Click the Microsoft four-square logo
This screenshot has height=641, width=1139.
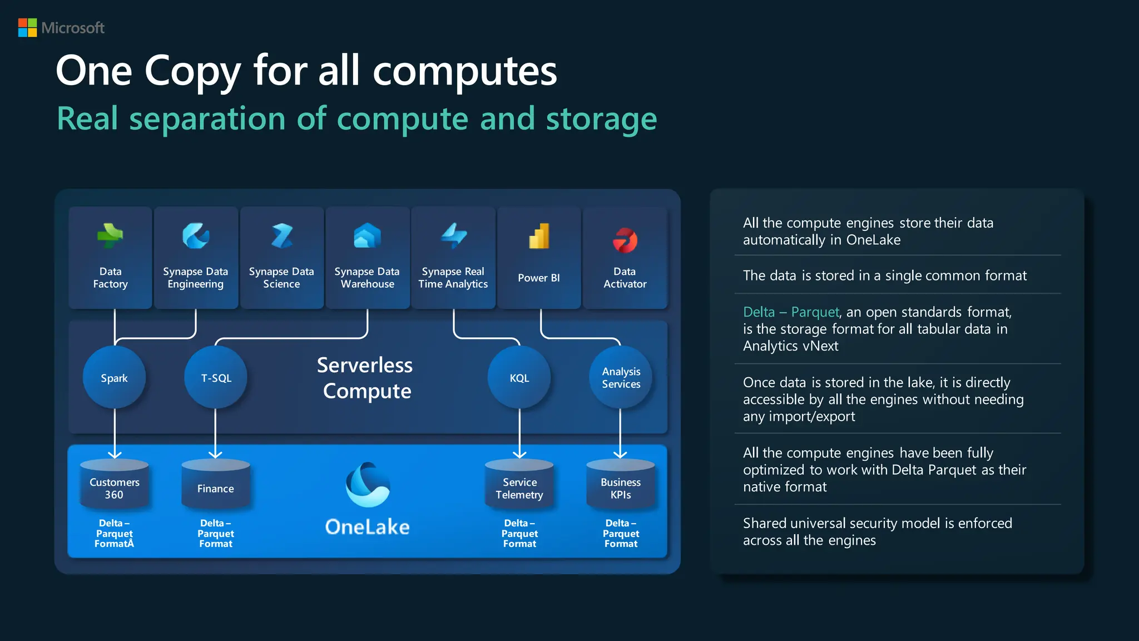click(27, 28)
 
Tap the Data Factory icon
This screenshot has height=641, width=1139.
click(110, 236)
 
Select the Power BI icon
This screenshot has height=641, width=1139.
click(539, 236)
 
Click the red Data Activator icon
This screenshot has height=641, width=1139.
click(625, 240)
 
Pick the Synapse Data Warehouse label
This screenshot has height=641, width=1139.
click(367, 278)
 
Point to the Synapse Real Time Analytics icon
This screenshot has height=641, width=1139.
click(454, 236)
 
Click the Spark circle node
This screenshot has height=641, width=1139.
click(114, 378)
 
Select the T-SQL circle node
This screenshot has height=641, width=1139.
click(216, 378)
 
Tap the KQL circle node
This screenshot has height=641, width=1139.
click(519, 378)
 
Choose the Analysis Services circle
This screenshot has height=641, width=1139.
click(621, 378)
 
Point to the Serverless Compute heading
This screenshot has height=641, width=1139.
click(366, 378)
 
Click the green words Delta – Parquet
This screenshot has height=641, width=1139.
click(790, 312)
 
